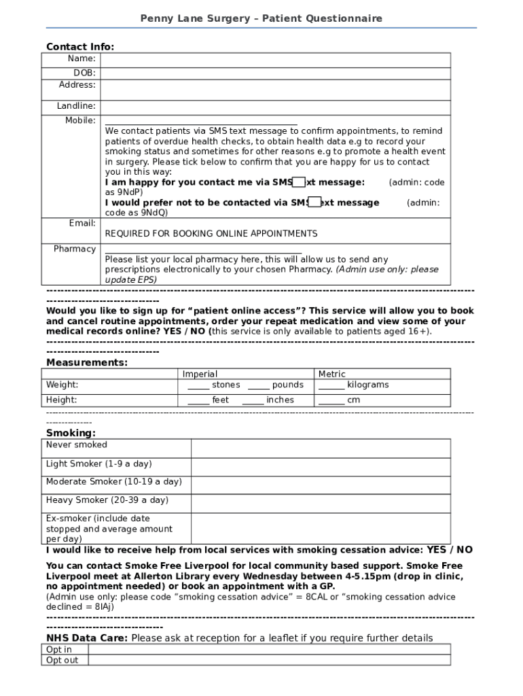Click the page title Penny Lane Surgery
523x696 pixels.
(261, 18)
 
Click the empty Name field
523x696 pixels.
(275, 60)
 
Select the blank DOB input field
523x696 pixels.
(275, 73)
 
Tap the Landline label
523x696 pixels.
(76, 106)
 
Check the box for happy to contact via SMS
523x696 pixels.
(298, 182)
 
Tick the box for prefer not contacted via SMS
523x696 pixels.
(314, 202)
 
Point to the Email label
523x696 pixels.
(82, 224)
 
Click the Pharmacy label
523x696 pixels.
(75, 249)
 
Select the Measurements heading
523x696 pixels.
(86, 362)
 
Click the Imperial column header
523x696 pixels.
(200, 374)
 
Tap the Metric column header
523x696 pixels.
(331, 374)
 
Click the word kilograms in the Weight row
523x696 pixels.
(367, 385)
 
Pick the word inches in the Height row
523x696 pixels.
(280, 400)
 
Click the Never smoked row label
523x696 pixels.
(77, 445)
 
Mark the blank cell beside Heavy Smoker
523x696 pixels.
(320, 503)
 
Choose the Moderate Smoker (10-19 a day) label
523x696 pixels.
(113, 482)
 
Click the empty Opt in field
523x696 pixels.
(269, 649)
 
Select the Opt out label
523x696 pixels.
(62, 660)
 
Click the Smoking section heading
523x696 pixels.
(71, 433)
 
